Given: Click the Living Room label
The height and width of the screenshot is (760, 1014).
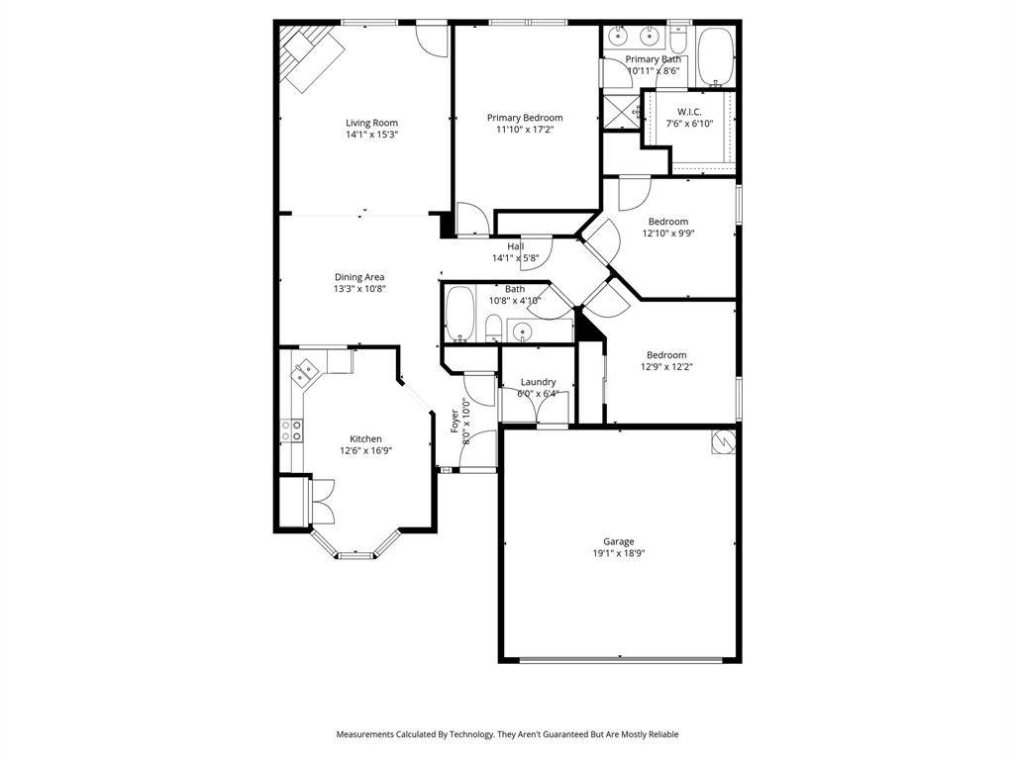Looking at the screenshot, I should pos(371,123).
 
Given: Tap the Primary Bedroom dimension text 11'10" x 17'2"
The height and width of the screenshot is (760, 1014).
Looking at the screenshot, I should pos(524,129).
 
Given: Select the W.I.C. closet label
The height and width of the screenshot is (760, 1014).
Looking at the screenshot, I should pos(689,112).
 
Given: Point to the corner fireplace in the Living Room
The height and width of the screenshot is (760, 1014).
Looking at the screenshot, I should pos(308,55).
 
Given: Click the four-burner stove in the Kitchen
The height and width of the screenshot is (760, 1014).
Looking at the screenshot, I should pos(292,430).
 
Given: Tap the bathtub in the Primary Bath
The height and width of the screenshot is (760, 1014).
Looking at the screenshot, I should pos(715,57).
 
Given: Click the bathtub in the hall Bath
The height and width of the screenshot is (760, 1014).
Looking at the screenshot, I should pos(460,316).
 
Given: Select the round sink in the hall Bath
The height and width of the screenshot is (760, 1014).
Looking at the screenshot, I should pos(523,332).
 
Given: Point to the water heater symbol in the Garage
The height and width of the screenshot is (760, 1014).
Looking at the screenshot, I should pos(724,441).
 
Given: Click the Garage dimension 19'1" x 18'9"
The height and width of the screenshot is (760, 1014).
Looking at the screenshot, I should pos(619,553).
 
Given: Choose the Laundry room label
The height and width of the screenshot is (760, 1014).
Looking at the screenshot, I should pos(538,382).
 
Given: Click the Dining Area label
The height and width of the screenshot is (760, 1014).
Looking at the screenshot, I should pos(358,277).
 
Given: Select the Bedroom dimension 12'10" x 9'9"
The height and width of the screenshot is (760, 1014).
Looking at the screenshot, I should pos(667,234).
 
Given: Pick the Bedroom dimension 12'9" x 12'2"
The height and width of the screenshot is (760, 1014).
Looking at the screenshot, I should pos(665,366).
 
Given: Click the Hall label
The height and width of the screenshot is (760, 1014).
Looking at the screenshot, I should pos(515,246).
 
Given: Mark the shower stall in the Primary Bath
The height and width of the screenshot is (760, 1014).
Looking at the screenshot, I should pos(620,111).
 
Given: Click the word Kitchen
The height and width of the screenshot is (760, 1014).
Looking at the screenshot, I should pos(364,439).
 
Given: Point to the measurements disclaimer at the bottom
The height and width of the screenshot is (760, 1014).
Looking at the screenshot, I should pos(507,734).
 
